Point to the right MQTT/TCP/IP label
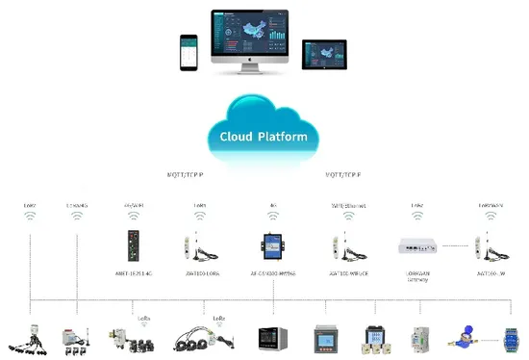coord(345,175)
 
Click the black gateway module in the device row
coord(133,245)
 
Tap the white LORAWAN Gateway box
coord(417,245)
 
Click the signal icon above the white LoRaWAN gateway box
coord(417,218)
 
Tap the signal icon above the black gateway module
coord(133,218)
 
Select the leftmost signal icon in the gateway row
coord(32,218)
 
